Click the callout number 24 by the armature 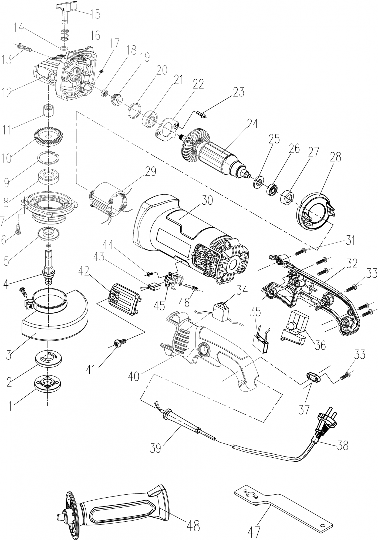click(252, 124)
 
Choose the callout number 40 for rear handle click(134, 376)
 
